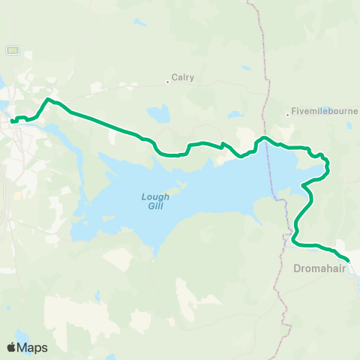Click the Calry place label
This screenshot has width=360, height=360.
(183, 76)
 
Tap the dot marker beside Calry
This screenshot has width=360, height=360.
(167, 82)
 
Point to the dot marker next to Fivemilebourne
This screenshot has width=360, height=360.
(287, 115)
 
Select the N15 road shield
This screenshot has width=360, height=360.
(12, 49)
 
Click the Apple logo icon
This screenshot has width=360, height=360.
(11, 347)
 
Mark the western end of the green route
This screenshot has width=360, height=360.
(13, 121)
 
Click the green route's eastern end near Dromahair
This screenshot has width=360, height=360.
(348, 260)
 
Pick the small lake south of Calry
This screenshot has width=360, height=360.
(159, 114)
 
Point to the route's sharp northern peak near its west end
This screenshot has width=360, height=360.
(49, 99)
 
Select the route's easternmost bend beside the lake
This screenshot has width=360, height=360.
(328, 166)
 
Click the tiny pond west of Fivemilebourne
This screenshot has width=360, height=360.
(234, 115)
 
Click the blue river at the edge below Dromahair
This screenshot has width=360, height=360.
(356, 283)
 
